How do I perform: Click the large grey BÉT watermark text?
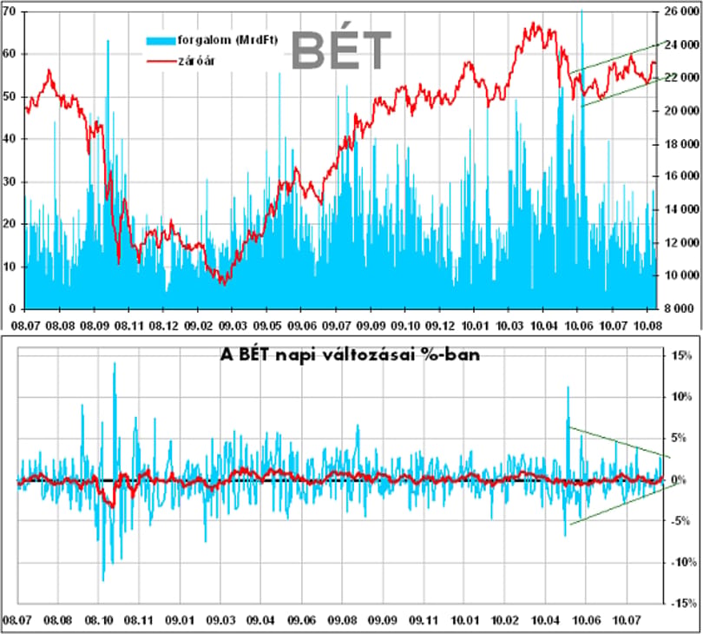(342, 50)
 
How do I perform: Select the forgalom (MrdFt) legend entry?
(212, 40)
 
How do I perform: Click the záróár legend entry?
(181, 61)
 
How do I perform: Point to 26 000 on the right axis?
(680, 11)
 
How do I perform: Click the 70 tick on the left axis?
(9, 11)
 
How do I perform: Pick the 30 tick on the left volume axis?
(9, 182)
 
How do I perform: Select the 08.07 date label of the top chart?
(25, 326)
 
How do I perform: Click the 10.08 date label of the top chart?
(647, 326)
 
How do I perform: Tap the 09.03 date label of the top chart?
(233, 326)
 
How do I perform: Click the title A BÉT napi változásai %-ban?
(350, 355)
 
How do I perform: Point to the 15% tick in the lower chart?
(681, 356)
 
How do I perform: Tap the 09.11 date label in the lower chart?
(424, 621)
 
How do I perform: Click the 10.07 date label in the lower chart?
(627, 621)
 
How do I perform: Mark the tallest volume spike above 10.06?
(582, 10)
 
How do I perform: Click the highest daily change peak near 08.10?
(115, 363)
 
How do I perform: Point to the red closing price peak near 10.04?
(534, 23)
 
